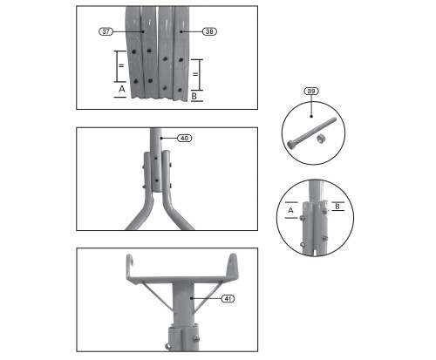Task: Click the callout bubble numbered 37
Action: (x=106, y=31)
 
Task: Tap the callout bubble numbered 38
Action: (x=209, y=31)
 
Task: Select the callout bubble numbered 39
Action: (x=311, y=92)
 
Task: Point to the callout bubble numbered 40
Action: (x=185, y=139)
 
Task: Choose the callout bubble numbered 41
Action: (x=228, y=298)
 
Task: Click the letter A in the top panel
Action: (x=122, y=89)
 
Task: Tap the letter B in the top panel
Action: (x=194, y=96)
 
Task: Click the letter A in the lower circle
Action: (x=290, y=210)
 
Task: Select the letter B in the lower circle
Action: (x=337, y=207)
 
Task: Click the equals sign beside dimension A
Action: (x=121, y=66)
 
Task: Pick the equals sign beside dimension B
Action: (x=195, y=74)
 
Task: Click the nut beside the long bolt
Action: (x=320, y=139)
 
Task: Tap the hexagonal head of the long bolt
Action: (x=290, y=144)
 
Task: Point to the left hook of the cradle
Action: (x=130, y=262)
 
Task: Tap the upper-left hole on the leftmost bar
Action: (x=133, y=51)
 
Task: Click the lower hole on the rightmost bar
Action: (x=180, y=90)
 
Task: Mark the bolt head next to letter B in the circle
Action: (x=325, y=211)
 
